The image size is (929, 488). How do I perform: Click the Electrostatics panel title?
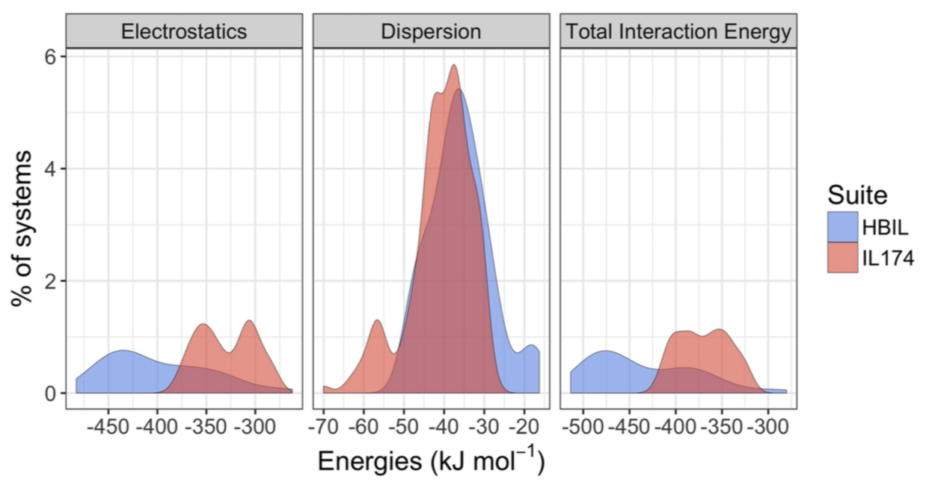[184, 32]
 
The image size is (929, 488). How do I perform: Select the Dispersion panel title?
[431, 32]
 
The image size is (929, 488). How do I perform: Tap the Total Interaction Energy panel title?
[678, 32]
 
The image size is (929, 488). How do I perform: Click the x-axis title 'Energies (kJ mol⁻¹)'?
[431, 461]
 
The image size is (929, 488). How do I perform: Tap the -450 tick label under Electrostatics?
[108, 427]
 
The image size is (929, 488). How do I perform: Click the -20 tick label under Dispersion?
[524, 427]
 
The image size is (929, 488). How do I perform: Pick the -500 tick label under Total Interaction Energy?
[584, 427]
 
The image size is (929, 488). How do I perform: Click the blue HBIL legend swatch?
[842, 227]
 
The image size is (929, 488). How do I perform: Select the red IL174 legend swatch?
[842, 258]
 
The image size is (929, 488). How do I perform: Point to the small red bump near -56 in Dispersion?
[377, 322]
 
